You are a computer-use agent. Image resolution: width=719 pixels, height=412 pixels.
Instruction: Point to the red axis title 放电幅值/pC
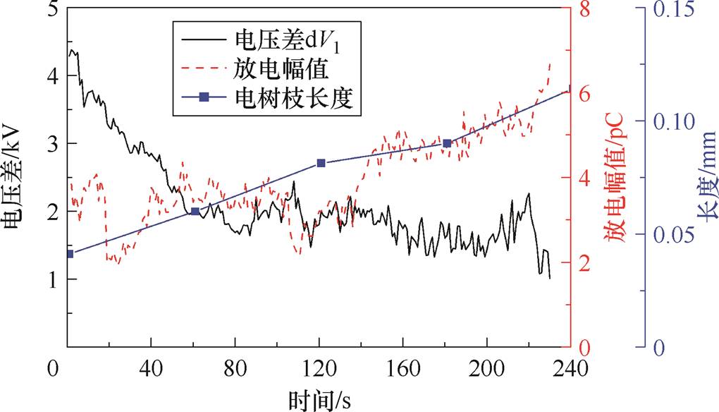[618, 181]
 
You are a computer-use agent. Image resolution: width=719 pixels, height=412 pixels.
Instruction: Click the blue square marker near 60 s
[195, 212]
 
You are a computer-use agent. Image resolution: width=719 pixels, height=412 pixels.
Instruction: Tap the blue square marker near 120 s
[321, 163]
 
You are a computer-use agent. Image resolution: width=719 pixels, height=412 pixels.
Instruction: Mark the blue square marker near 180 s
[447, 143]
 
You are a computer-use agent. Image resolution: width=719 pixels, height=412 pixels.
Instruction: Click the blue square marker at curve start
[69, 254]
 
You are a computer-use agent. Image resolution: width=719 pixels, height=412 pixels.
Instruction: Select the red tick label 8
[584, 10]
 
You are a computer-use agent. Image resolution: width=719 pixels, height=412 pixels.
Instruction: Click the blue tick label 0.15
[672, 10]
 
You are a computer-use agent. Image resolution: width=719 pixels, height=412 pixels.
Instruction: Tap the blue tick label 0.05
[672, 235]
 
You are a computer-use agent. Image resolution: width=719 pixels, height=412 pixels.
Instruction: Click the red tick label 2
[584, 263]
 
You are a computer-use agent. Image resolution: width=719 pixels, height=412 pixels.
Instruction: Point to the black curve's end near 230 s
[550, 278]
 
